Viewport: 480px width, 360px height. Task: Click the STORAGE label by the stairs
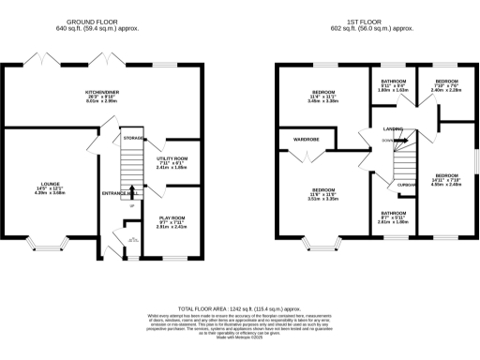[x=132, y=138]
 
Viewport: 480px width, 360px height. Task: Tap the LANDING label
[x=381, y=128]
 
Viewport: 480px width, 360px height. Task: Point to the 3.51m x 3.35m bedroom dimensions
[x=323, y=199]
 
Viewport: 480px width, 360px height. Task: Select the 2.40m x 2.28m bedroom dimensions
[x=445, y=91]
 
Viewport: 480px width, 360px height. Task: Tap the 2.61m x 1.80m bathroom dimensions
[x=385, y=222]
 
